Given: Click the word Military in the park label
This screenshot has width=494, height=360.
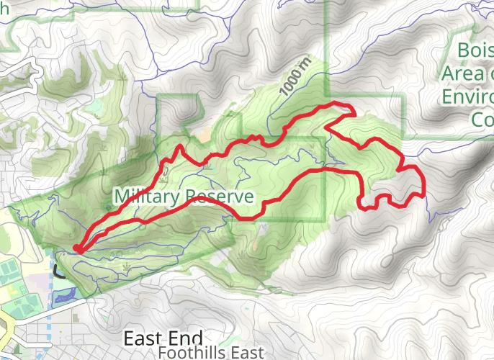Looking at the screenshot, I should [146, 197].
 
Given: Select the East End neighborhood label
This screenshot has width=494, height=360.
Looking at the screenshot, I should [163, 338].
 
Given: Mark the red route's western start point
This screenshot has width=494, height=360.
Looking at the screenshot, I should [76, 249].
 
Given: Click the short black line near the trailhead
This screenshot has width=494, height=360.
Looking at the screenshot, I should [58, 273].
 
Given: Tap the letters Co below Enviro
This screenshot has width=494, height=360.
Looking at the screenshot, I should [482, 119].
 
